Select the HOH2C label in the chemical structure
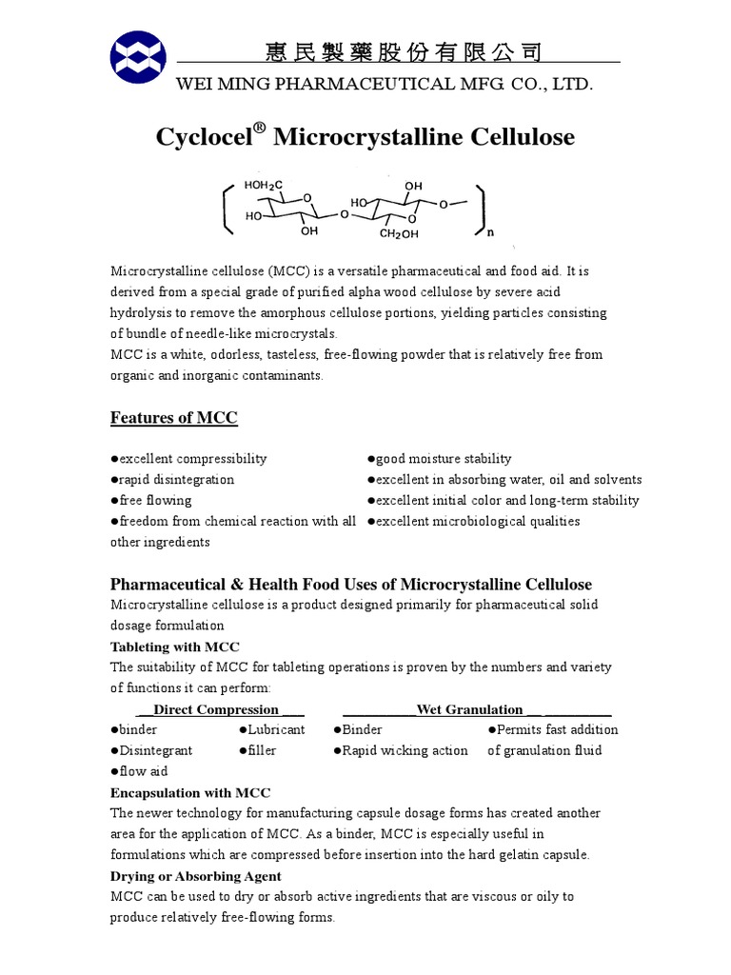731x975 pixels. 264,185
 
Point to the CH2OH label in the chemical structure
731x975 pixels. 399,232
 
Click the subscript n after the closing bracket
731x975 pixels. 490,231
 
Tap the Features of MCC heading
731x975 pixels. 174,418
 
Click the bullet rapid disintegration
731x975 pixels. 172,480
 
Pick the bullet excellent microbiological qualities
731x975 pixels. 473,522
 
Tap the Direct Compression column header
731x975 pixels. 216,709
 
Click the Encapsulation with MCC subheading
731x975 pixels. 190,793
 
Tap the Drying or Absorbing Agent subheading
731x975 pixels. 196,876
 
